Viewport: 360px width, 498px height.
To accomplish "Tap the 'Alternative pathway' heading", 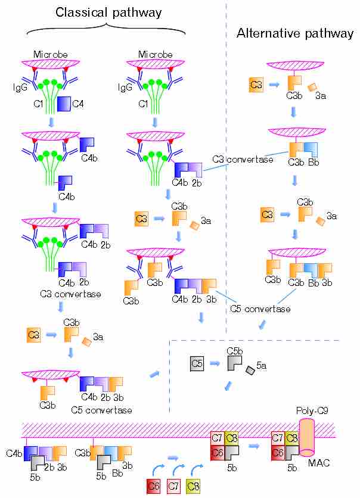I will (x=295, y=33).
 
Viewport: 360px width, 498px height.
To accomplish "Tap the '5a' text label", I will (x=261, y=365).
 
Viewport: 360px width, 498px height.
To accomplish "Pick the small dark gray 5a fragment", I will (x=250, y=371).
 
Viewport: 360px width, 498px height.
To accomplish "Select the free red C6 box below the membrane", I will (x=154, y=485).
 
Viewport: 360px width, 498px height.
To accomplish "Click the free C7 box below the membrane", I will (x=173, y=485).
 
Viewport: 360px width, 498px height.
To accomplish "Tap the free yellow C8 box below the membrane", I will (x=193, y=485).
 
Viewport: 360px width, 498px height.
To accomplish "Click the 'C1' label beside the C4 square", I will (x=38, y=105).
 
